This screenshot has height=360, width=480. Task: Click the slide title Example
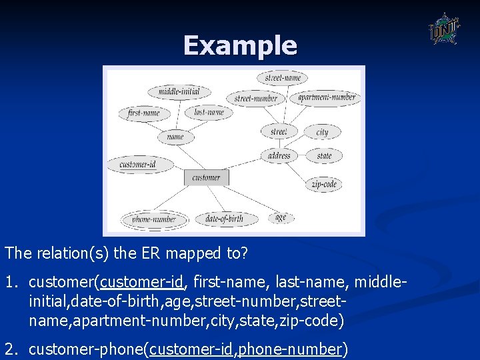click(240, 45)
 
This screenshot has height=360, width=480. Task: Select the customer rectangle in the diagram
click(206, 177)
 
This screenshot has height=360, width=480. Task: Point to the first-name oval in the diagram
click(144, 113)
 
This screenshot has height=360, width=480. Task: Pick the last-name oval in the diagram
click(209, 112)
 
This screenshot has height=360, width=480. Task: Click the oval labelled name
click(175, 137)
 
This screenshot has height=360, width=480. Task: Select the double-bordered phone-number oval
click(154, 219)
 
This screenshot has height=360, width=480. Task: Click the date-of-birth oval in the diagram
click(223, 219)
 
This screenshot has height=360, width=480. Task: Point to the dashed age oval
click(281, 217)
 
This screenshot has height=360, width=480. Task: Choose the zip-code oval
click(324, 184)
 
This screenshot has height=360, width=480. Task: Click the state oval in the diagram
click(324, 156)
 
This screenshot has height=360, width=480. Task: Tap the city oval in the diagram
click(323, 132)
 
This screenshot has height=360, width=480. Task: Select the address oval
click(279, 156)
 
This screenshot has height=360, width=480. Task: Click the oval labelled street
click(279, 131)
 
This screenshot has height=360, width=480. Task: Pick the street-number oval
click(256, 98)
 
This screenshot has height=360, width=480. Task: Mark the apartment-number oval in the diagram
click(327, 97)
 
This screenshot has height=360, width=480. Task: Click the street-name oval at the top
click(283, 78)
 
